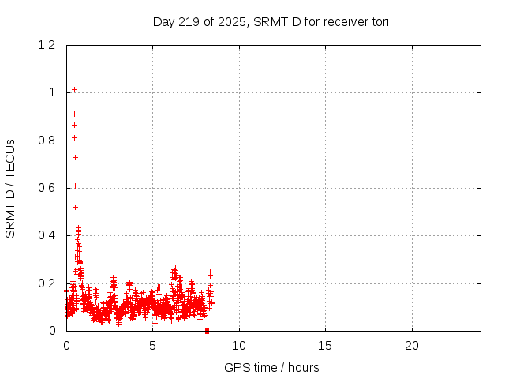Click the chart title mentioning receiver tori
271,21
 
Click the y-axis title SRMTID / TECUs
11,188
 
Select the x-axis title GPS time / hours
271,367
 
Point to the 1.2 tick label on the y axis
47,46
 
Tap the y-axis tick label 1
52,93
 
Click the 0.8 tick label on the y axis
47,141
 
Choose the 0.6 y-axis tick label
47,188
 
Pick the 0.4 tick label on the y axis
47,236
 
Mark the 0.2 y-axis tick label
47,283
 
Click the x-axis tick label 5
152,346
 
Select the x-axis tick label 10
239,346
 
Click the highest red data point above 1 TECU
74,89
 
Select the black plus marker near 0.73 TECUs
75,157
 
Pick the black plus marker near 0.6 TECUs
75,186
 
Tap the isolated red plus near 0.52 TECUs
75,207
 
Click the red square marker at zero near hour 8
207,331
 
